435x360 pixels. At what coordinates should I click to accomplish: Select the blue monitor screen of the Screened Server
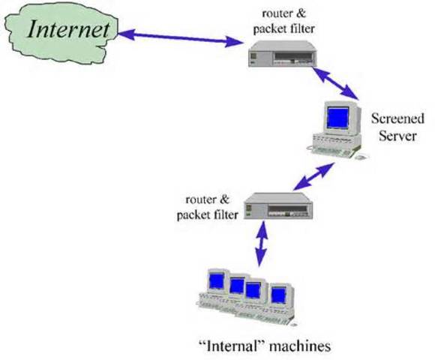tap(338, 118)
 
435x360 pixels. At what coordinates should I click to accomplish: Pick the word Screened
tap(397, 118)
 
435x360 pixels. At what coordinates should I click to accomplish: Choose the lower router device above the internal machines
tap(277, 206)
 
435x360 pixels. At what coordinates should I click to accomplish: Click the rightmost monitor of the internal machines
tap(280, 293)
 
